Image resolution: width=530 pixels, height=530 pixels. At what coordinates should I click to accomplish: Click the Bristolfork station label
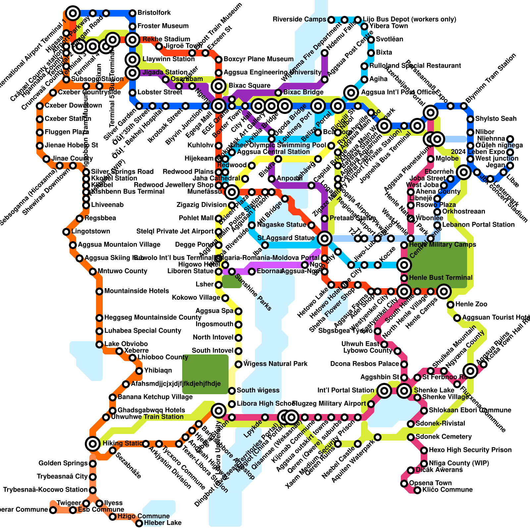tap(154, 13)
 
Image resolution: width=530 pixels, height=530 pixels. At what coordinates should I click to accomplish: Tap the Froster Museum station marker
tap(132, 26)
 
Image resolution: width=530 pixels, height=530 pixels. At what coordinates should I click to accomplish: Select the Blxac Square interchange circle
tap(219, 86)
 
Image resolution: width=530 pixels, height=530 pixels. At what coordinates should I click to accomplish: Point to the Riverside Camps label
tap(299, 20)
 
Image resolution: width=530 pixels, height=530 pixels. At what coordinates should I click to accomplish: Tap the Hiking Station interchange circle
tap(93, 444)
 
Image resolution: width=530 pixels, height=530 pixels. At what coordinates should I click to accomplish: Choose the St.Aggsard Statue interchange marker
tap(325, 238)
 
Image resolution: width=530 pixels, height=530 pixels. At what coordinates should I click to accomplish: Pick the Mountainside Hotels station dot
tap(99, 291)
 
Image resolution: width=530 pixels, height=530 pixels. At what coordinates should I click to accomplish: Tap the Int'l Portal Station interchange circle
tap(384, 391)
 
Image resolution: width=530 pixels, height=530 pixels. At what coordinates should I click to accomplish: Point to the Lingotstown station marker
tap(66, 232)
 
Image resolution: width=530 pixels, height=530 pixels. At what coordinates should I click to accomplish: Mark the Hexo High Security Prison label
tap(470, 450)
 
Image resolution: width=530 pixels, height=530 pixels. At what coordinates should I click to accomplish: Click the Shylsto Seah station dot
tap(470, 119)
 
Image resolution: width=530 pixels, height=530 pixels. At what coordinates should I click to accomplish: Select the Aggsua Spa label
tap(214, 311)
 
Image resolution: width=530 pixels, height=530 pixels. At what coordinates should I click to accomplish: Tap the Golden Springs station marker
tap(93, 464)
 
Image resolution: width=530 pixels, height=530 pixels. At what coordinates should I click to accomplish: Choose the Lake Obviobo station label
tap(126, 344)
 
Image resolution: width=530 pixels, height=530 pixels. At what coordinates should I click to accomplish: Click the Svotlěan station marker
tap(371, 40)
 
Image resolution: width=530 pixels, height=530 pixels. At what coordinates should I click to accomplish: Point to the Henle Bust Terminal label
tap(441, 278)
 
